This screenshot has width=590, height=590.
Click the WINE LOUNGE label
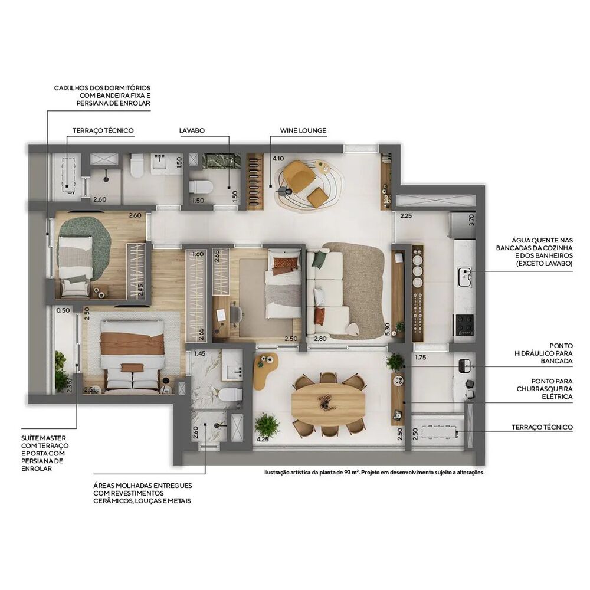pyautogui.click(x=303, y=130)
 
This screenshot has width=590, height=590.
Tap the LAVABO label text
pyautogui.click(x=192, y=130)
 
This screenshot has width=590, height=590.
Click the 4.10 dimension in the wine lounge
pyautogui.click(x=278, y=158)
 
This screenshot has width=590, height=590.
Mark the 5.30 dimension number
pyautogui.click(x=387, y=329)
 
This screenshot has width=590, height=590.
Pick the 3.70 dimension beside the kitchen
pyautogui.click(x=470, y=220)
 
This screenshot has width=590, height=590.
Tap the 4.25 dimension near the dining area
pyautogui.click(x=263, y=439)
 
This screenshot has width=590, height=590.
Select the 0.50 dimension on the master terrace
pyautogui.click(x=63, y=310)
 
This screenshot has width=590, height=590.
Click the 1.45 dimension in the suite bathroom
pyautogui.click(x=200, y=354)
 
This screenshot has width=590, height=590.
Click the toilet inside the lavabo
pyautogui.click(x=201, y=188)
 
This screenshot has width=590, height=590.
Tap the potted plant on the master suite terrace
pyautogui.click(x=61, y=372)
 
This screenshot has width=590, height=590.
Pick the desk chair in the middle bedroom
pyautogui.click(x=235, y=314)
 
